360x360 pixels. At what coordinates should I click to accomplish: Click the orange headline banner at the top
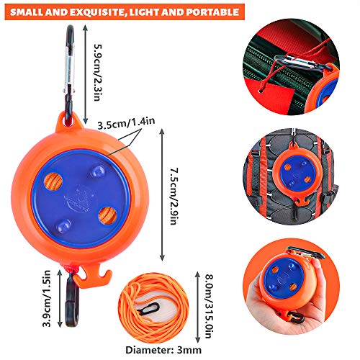point(125,12)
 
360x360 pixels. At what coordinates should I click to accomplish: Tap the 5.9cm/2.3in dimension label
point(99,73)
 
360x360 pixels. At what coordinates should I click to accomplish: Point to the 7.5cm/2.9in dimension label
point(174,196)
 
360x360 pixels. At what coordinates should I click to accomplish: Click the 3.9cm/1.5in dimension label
point(46,298)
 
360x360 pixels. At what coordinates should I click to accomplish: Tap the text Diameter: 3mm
point(163,350)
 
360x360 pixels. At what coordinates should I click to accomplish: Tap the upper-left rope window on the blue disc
point(53,182)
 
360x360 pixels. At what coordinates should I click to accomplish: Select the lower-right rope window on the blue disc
point(108,215)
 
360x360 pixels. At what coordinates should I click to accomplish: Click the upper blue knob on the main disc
point(97,171)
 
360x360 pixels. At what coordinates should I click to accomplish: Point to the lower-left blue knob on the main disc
point(64,226)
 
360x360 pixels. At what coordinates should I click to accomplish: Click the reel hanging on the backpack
point(298,174)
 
